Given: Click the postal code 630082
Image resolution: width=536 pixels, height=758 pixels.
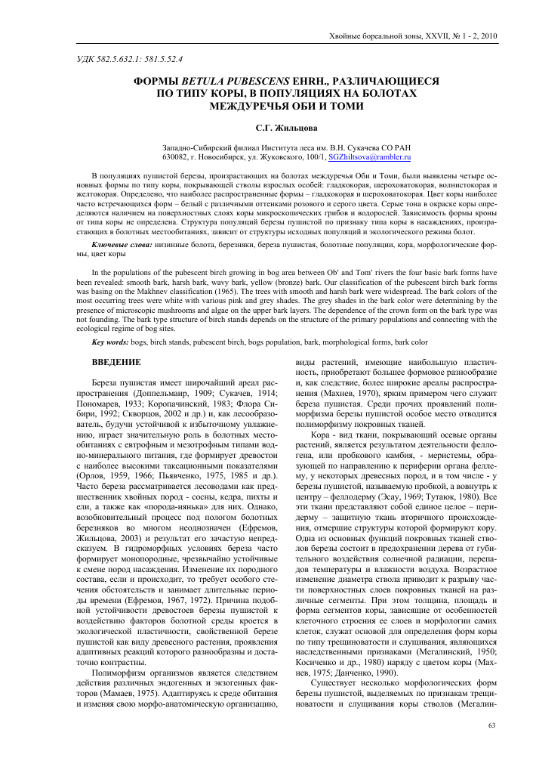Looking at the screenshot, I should coord(177,157).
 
